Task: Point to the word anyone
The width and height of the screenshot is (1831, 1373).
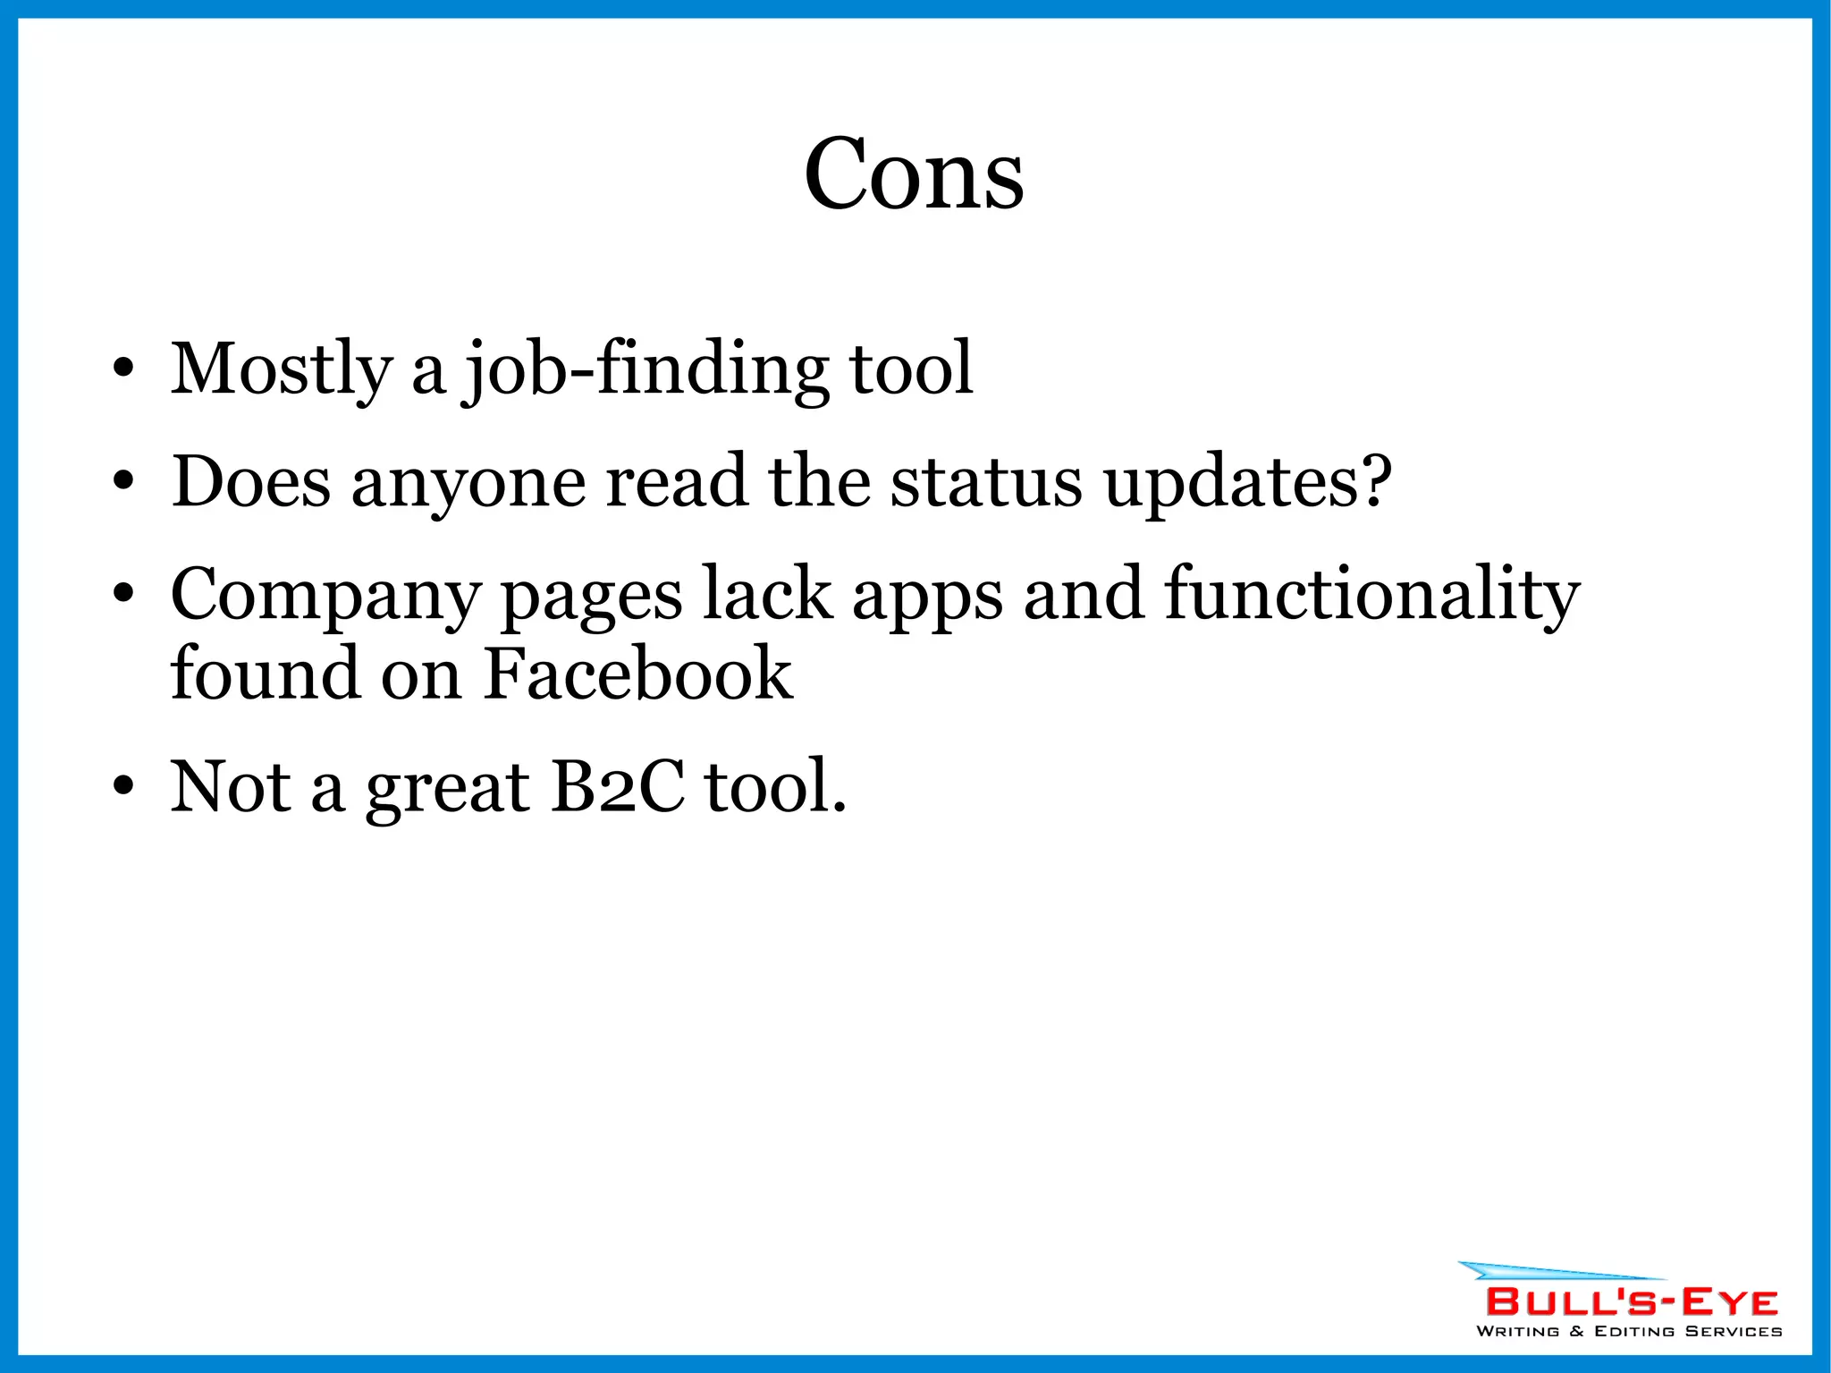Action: (468, 483)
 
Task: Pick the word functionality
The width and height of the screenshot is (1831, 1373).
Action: (1371, 595)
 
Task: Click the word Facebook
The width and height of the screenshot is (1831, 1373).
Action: (637, 674)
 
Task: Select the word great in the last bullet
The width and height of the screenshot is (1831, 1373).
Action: (447, 788)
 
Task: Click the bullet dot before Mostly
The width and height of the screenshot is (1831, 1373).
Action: (123, 369)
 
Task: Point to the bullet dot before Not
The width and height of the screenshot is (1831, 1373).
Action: (123, 786)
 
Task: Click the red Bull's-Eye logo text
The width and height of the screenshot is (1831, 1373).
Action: (1632, 1301)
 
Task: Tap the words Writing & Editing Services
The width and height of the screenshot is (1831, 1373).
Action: (1629, 1331)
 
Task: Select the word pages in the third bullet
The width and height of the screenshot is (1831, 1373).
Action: (591, 597)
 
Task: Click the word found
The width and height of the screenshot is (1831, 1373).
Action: (265, 674)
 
